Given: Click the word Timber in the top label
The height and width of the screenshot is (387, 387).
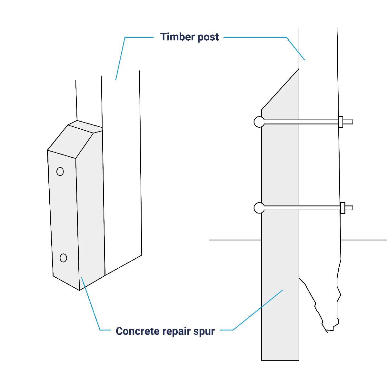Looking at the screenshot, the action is pos(177,37).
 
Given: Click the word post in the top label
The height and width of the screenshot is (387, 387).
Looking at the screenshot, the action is pos(208,37).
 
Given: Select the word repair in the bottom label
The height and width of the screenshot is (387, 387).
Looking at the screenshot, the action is pos(176,332).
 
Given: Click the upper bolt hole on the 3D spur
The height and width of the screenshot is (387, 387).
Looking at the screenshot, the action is pos(60,172).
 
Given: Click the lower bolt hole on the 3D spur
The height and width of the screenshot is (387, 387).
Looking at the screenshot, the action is pos(63,258).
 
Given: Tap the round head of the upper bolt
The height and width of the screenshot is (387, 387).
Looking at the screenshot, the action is pos(259,122).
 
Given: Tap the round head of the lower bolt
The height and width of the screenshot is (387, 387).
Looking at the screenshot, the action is pos(259,208).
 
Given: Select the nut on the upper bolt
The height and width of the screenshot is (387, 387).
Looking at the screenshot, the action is pos(341,122).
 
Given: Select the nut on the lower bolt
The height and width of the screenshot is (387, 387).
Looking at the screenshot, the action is pos(342,208).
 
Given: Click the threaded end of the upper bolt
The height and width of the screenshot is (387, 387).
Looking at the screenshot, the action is pos(348,122).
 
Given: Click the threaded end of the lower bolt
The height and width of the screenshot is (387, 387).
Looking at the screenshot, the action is pos(349,208).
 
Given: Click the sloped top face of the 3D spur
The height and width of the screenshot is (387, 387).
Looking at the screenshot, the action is pos(71,141).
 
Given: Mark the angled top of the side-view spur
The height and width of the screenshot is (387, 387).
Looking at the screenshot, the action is pos(280,89).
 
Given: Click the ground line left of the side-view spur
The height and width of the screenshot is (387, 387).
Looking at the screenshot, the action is pos(235,240).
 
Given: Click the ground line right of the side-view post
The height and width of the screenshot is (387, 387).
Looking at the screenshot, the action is pos(364,240).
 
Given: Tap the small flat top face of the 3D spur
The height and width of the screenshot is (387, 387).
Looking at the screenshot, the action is pos(85,126).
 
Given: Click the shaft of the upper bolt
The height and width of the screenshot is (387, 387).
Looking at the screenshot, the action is pos(301,122).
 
